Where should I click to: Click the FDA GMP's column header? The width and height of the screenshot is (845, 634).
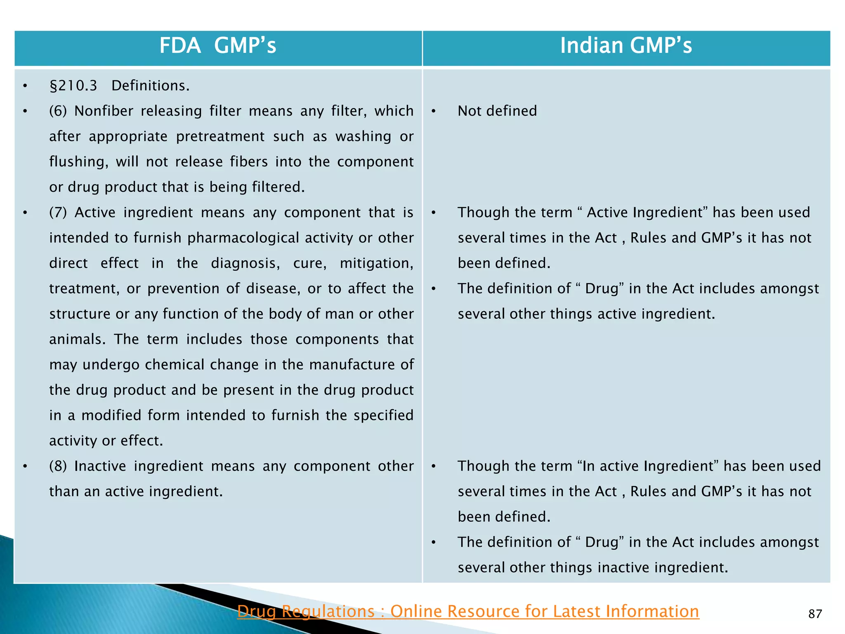click(218, 45)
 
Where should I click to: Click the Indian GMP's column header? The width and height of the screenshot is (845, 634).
click(626, 45)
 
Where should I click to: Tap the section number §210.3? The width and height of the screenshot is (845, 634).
click(73, 85)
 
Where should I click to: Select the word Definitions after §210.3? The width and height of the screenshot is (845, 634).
click(150, 85)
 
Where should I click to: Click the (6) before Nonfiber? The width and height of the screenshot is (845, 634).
click(58, 111)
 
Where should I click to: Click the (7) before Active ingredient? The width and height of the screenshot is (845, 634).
click(58, 213)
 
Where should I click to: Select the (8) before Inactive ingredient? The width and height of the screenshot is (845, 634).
click(58, 466)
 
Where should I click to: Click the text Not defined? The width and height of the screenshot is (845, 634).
click(497, 111)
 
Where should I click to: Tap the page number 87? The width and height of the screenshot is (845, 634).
click(815, 614)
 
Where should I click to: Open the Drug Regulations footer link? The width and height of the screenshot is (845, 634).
click(468, 611)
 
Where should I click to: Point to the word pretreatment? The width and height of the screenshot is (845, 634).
click(220, 137)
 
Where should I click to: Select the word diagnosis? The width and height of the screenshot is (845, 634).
click(245, 263)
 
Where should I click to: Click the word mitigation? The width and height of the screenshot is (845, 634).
click(376, 263)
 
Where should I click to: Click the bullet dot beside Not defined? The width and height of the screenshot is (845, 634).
click(434, 111)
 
